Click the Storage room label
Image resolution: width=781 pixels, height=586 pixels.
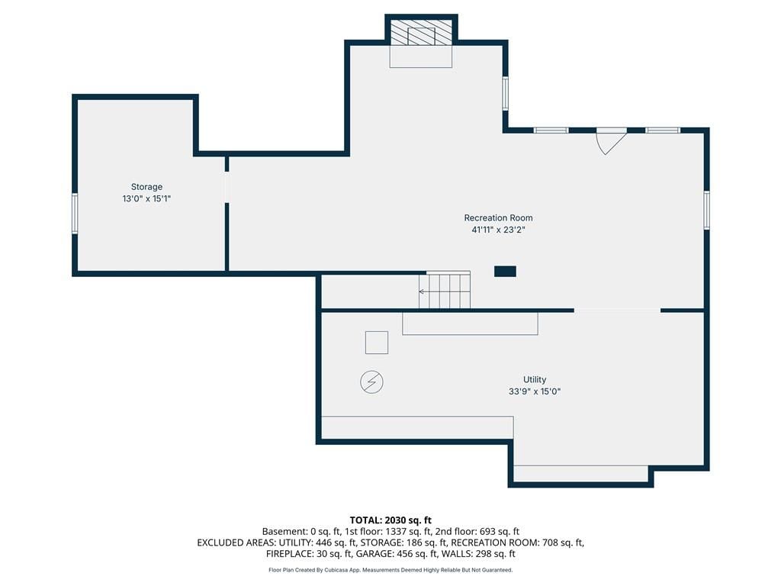[146, 187]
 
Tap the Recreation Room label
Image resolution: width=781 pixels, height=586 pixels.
[498, 217]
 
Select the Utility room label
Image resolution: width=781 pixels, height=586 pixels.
[535, 379]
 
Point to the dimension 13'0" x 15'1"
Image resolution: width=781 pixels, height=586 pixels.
[146, 198]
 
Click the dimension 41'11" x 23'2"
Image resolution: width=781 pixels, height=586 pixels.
[498, 230]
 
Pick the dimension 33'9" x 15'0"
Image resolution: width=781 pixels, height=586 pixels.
[535, 391]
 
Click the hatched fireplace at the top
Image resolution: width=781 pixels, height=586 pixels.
[421, 33]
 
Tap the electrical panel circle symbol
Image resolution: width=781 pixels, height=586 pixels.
[371, 382]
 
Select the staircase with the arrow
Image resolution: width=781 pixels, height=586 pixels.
[445, 290]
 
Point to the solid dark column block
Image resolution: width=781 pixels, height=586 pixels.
[505, 272]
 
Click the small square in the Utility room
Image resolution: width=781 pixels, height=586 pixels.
[377, 343]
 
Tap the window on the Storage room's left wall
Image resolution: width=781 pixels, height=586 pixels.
[75, 214]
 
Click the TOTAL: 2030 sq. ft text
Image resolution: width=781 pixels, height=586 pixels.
[390, 520]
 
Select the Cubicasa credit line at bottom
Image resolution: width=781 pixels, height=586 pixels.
[390, 570]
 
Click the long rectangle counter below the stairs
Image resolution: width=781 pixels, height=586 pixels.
[470, 324]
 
